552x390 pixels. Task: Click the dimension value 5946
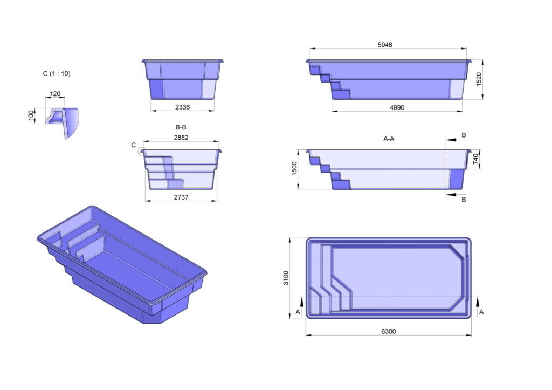click(x=388, y=45)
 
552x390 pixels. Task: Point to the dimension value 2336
click(x=182, y=107)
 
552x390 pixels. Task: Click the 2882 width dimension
click(x=182, y=138)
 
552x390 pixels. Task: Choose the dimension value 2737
click(x=181, y=197)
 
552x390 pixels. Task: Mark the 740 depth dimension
click(x=477, y=160)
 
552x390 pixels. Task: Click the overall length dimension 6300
click(x=388, y=331)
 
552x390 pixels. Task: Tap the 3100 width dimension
click(x=286, y=278)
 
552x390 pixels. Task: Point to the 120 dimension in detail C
click(x=55, y=94)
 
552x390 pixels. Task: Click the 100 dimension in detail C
click(x=31, y=115)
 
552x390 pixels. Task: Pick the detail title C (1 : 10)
click(x=56, y=74)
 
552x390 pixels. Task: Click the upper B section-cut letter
click(x=464, y=134)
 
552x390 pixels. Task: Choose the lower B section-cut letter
click(x=464, y=200)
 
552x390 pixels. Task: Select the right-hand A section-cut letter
click(x=481, y=312)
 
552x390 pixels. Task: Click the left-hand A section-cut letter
click(x=298, y=312)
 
